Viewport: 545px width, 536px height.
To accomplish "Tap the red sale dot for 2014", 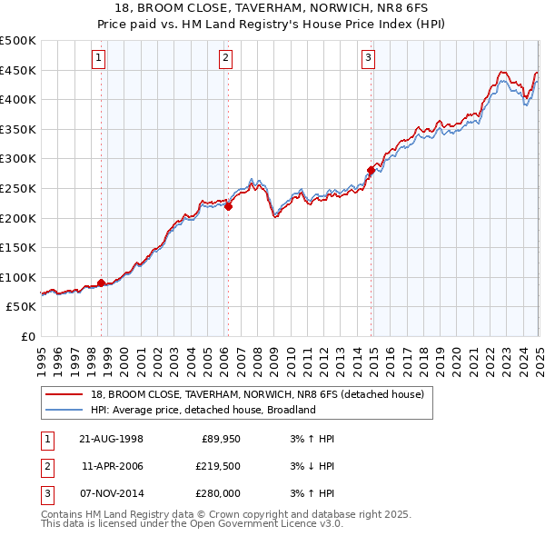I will click(372, 169).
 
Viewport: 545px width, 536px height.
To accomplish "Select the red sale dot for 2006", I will click(228, 206).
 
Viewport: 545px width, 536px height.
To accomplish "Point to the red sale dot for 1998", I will click(101, 283).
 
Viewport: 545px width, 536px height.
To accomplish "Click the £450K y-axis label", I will click(18, 70).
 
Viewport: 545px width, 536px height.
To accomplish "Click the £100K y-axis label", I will click(18, 277).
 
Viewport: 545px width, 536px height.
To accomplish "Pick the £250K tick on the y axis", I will click(18, 188).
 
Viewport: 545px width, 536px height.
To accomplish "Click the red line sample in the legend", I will click(64, 394).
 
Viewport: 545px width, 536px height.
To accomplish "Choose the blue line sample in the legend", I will click(64, 410).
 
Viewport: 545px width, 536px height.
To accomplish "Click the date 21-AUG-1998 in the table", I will click(112, 439).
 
